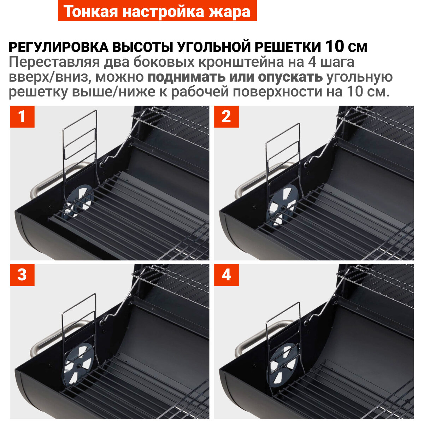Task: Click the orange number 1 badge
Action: click(x=22, y=117)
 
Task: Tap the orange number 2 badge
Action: click(x=226, y=117)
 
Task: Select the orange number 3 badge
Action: click(x=22, y=275)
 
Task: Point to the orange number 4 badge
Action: click(x=226, y=275)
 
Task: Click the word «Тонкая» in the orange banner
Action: click(x=91, y=11)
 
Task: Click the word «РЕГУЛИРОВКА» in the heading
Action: click(x=59, y=47)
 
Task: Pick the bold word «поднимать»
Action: click(x=186, y=77)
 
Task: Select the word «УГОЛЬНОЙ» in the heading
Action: click(x=214, y=47)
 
